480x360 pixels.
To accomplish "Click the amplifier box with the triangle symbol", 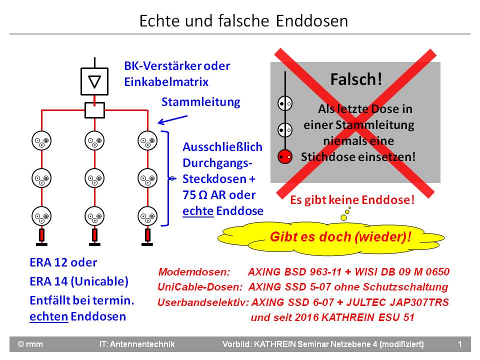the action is (94, 81).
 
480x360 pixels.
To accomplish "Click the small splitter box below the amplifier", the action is (94, 110).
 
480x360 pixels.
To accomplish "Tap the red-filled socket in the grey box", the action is (285, 156).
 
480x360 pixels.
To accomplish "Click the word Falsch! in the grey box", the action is (356, 79).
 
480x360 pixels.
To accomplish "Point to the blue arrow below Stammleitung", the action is (172, 120).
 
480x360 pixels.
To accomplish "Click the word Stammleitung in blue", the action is (201, 102).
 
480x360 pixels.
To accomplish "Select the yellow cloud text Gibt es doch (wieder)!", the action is (340, 236).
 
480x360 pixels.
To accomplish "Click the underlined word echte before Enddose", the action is (198, 211).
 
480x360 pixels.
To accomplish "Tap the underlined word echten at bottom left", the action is (48, 316).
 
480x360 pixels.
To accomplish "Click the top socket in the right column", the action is (147, 140).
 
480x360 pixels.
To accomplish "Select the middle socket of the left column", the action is (41, 178).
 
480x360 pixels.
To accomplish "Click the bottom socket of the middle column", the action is (94, 216).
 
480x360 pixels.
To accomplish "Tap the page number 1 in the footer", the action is (460, 344).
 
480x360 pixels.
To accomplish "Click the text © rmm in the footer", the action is (30, 344).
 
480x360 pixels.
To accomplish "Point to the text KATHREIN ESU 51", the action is (367, 317).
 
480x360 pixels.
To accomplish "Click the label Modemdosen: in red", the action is (194, 272).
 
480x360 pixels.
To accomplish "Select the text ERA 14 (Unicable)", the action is (79, 281).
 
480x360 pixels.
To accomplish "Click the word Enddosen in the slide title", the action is (312, 21).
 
